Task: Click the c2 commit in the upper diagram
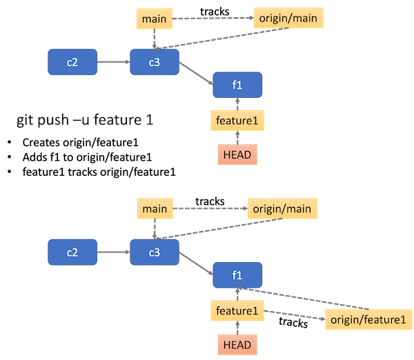coord(72,62)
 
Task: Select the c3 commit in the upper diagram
coord(154,62)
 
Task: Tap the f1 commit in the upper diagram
coord(237,85)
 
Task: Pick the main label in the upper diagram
coord(154,19)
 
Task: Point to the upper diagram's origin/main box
coord(289,19)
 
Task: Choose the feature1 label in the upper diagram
coord(237,121)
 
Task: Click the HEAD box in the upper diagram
coord(237,154)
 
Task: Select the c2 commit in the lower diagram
coord(72,252)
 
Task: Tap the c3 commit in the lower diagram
coord(154,252)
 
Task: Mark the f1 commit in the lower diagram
coord(237,275)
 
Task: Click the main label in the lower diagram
coord(156,208)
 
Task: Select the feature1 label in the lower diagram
coord(237,312)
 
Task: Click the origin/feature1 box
coord(366,319)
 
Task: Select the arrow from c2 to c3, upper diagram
coord(113,62)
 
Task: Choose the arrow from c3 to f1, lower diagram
coord(195,263)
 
